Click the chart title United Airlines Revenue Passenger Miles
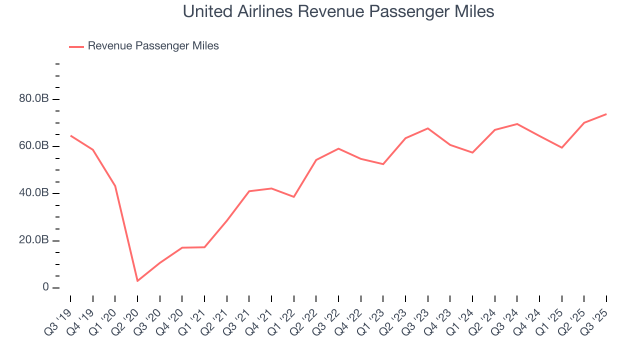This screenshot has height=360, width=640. (338, 11)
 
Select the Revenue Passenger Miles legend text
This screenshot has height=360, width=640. (153, 46)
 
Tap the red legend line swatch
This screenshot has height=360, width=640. (76, 46)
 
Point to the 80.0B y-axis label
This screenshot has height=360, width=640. (34, 99)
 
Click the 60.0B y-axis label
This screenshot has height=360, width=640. (34, 146)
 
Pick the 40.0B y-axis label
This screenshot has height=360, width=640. (34, 193)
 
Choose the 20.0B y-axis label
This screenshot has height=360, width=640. (34, 240)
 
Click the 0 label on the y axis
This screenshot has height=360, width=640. (45, 287)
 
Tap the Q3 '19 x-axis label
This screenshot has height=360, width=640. (60, 316)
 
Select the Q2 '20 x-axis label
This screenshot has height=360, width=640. (127, 316)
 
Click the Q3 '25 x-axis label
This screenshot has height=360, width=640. (597, 316)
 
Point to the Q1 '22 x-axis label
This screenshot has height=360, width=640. (284, 316)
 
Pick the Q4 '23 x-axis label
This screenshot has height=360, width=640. (440, 316)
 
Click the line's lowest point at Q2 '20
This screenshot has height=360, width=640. (137, 281)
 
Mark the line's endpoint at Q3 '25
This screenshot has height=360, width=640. (606, 114)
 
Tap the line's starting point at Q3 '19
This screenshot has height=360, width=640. (70, 135)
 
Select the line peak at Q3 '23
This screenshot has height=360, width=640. (428, 128)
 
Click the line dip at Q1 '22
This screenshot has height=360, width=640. (294, 197)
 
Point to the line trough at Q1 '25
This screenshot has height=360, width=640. (562, 147)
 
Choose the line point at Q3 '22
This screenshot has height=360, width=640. (338, 148)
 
